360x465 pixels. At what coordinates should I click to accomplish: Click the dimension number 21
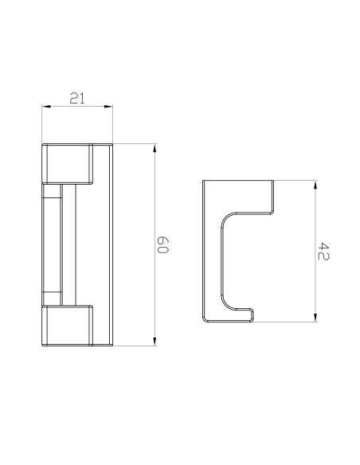[77, 98]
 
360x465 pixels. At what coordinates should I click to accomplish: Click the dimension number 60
[162, 245]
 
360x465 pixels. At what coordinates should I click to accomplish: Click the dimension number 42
[323, 252]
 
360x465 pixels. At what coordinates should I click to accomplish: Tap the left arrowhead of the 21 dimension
[46, 106]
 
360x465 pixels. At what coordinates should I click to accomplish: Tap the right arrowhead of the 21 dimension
[108, 106]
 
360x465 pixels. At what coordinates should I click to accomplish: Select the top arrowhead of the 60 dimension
[155, 148]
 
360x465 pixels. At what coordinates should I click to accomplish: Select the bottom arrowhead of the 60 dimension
[155, 342]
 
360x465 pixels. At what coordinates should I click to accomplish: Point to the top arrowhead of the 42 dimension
[315, 185]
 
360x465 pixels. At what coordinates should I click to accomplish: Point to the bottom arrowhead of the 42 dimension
[315, 318]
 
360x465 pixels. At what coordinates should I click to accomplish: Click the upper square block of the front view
[68, 164]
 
